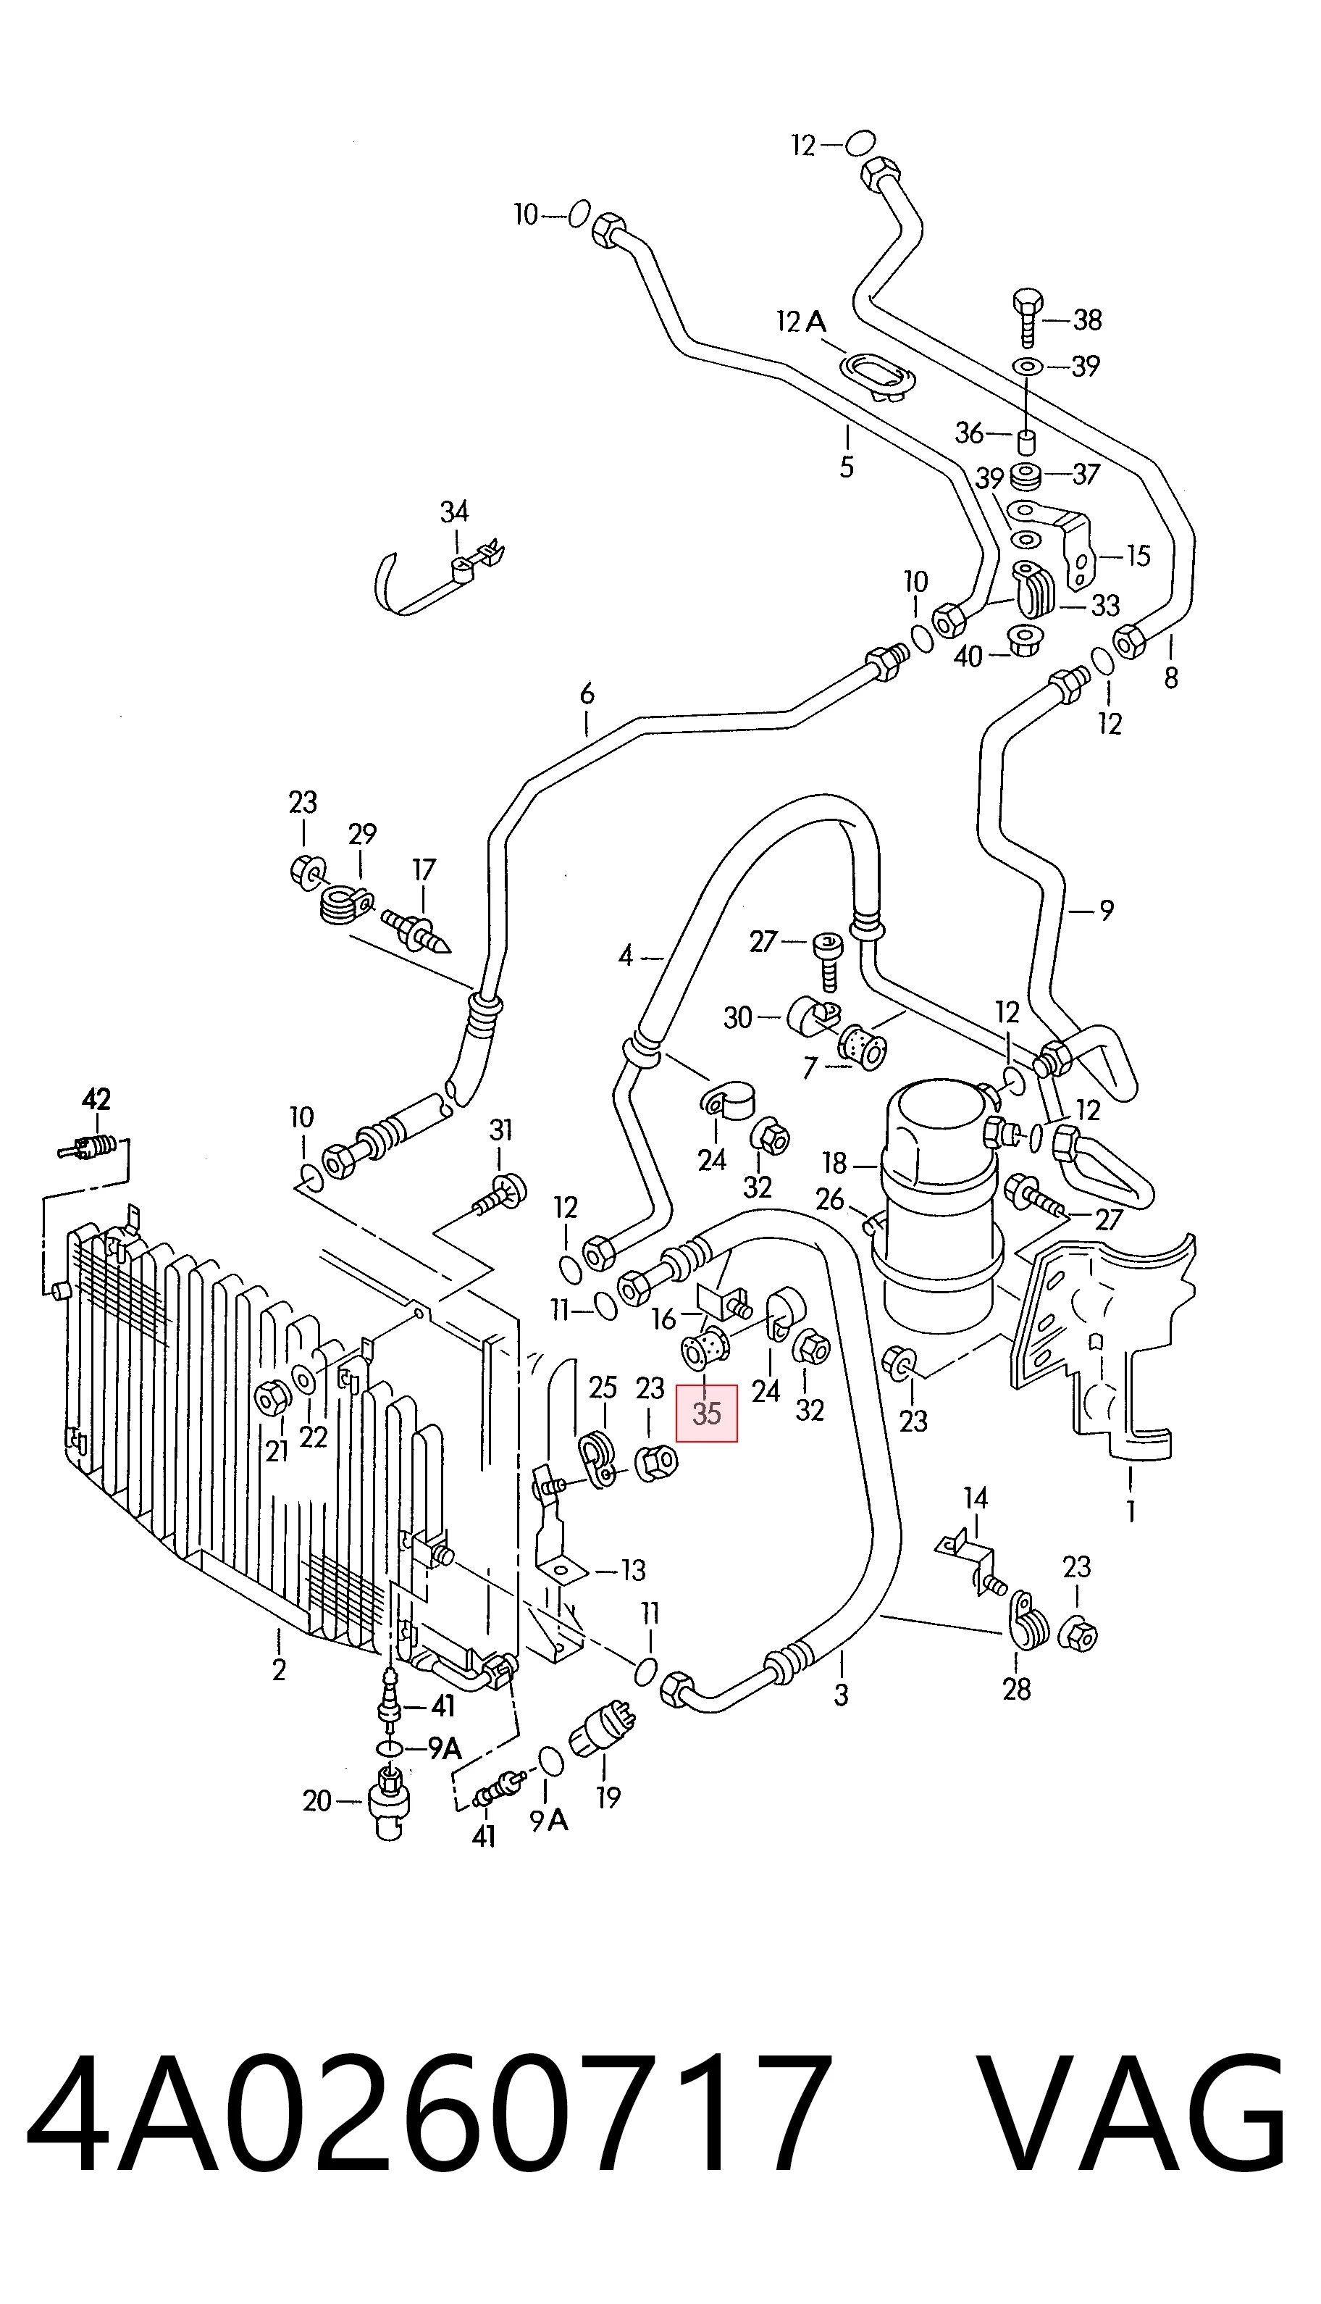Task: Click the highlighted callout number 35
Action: pyautogui.click(x=707, y=1413)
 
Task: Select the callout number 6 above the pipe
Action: pyautogui.click(x=587, y=694)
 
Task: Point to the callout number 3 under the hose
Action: pyautogui.click(x=841, y=1692)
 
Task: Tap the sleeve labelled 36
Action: pyautogui.click(x=1026, y=443)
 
